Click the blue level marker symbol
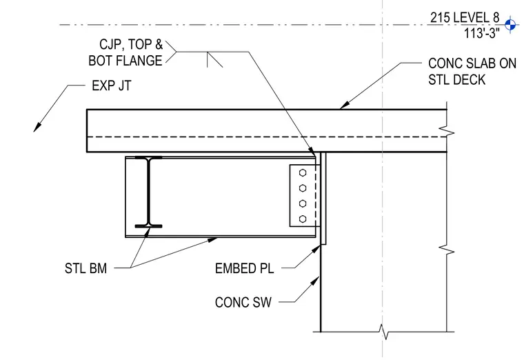tap(510, 24)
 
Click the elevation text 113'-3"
tap(481, 33)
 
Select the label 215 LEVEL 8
tap(464, 17)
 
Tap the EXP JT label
tap(112, 86)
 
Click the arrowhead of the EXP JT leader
tap(37, 128)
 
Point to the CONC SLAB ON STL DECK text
tap(472, 72)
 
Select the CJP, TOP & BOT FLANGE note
tap(125, 52)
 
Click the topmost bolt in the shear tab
tap(303, 173)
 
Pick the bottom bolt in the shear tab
tap(303, 219)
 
